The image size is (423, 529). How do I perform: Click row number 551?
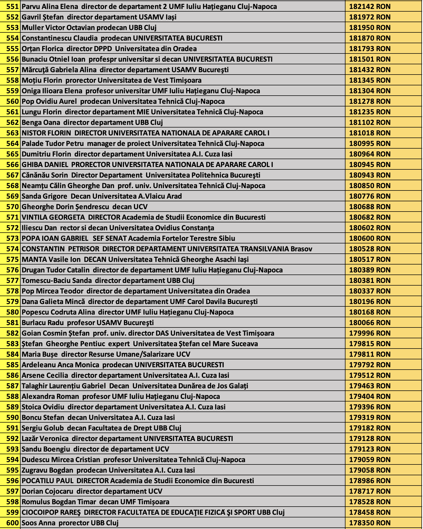(12, 7)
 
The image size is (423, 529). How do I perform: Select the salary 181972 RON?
(370, 17)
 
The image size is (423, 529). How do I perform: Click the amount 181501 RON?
(370, 59)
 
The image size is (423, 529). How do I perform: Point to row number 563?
(12, 133)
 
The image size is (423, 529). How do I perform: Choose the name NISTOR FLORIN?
(46, 133)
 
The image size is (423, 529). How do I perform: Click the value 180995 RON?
(370, 144)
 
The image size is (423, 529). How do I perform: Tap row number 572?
(12, 228)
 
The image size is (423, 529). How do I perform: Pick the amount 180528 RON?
(370, 249)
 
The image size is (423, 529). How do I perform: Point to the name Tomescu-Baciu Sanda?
(57, 281)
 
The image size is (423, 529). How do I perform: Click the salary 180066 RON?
(370, 323)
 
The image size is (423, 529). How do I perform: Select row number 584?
(12, 354)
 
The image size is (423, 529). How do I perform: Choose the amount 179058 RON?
(370, 470)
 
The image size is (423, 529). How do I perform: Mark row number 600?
(12, 523)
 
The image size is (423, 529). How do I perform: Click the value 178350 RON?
(370, 523)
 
